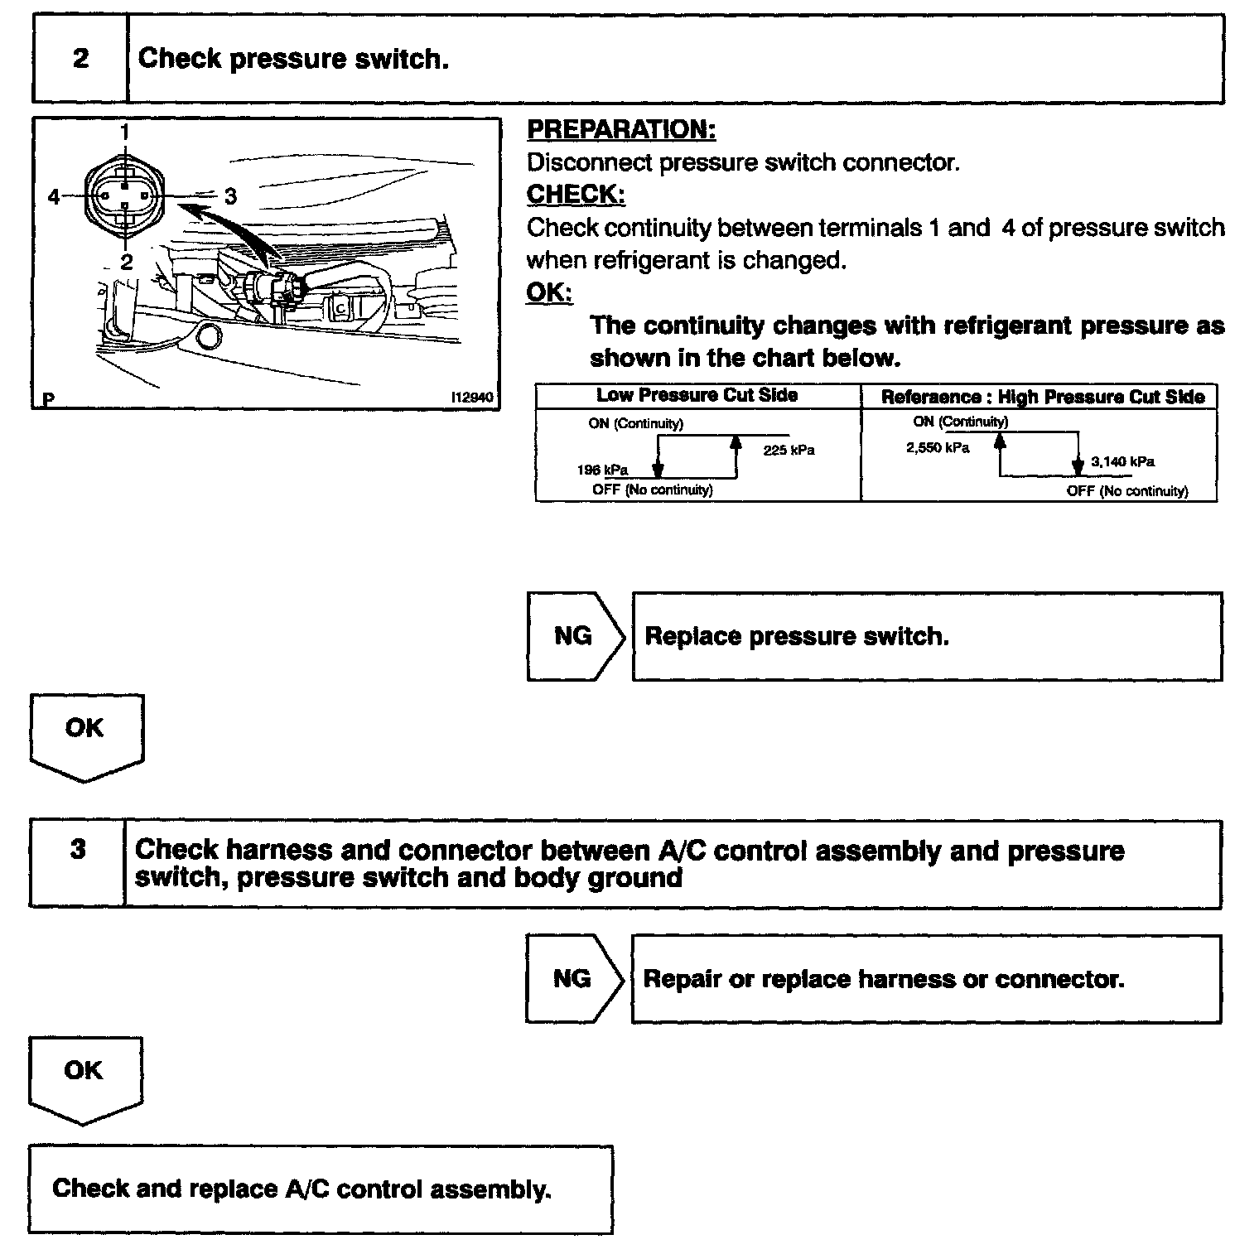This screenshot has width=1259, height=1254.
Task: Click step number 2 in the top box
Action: coord(80,59)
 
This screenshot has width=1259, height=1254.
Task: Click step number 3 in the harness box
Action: coord(78,850)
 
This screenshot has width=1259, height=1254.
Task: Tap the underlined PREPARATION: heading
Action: coord(621,130)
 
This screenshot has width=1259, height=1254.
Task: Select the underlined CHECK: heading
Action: coord(576,195)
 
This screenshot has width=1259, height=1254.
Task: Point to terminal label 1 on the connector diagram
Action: coord(124,131)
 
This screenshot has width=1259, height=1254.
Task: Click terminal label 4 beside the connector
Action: coord(54,197)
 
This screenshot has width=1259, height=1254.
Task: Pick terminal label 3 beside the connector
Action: coord(230,196)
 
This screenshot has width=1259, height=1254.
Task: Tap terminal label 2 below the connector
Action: coord(126,262)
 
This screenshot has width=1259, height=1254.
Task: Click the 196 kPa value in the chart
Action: coord(602,470)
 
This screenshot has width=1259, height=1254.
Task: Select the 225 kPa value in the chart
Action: coord(789,451)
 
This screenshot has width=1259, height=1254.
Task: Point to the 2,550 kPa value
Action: coord(938,448)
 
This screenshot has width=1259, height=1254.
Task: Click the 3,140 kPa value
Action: coord(1122,461)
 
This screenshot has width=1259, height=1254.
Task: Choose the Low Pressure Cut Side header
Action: coord(697,396)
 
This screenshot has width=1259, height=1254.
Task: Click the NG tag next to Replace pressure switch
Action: coord(573,636)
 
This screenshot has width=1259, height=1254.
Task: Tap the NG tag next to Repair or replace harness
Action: coord(572,979)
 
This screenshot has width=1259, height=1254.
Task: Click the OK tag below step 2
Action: coord(84,728)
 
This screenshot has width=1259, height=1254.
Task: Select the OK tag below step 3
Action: coord(84,1070)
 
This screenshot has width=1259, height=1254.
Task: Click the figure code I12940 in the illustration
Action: coord(471,398)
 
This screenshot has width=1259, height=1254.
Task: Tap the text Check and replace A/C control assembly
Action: coord(301,1189)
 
